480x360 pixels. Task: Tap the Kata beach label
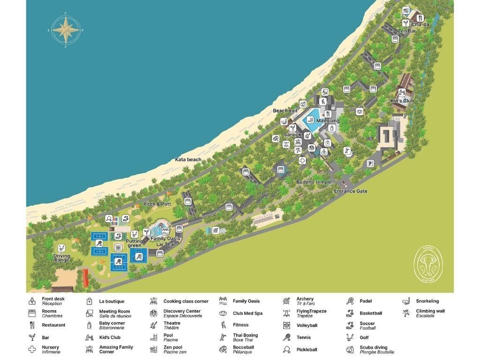[x=188, y=160]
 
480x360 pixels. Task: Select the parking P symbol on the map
[x=370, y=164]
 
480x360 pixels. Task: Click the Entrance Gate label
[x=351, y=191]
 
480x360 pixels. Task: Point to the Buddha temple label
[x=314, y=182]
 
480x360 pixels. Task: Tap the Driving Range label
[x=61, y=258]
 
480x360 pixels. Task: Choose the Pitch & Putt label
[x=157, y=204]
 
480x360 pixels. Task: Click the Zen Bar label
[x=407, y=31]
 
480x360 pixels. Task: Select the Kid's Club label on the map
[x=402, y=101]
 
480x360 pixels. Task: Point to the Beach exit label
[x=285, y=111]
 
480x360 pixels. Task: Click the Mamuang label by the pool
[x=328, y=121]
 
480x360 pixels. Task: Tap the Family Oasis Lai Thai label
[x=165, y=241]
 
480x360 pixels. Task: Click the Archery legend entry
[x=305, y=301]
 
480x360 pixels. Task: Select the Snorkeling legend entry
[x=427, y=301]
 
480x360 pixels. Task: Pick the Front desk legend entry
[x=52, y=301]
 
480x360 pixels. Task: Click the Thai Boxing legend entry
[x=245, y=337]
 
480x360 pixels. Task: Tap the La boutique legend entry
[x=112, y=301]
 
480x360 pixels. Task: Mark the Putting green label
[x=134, y=243]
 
